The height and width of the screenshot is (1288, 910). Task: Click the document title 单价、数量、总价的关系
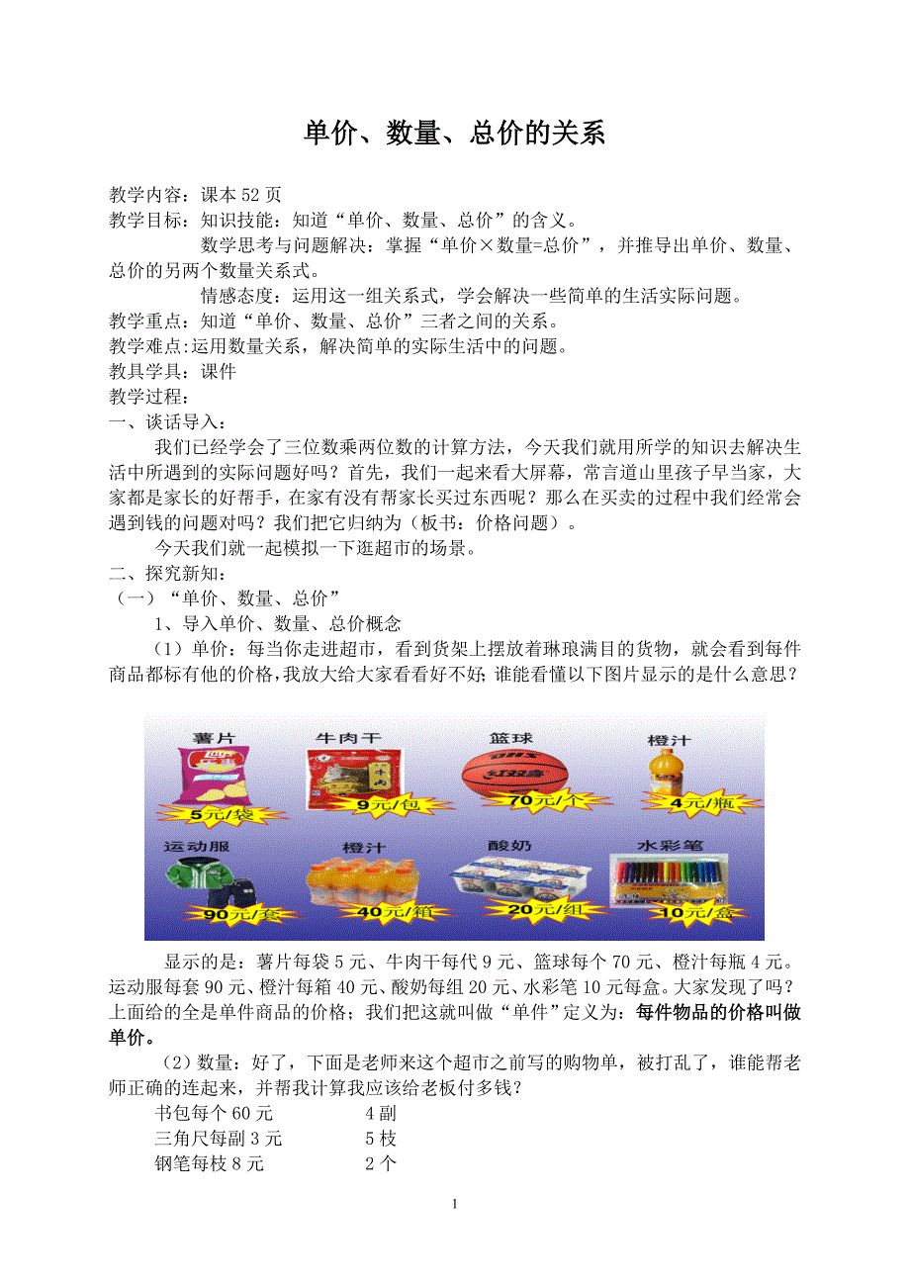(x=454, y=134)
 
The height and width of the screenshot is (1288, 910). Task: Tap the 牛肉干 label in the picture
(x=347, y=738)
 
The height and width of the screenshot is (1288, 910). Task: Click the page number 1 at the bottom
(x=454, y=1204)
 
